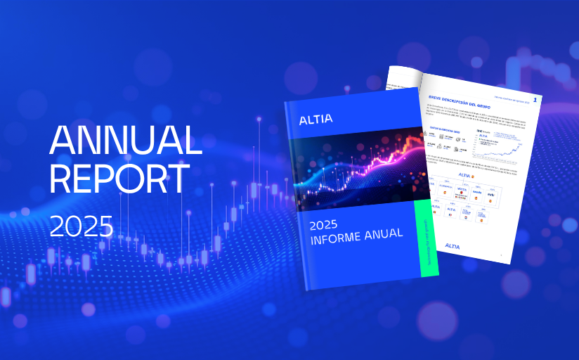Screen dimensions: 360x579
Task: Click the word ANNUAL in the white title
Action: tap(125, 141)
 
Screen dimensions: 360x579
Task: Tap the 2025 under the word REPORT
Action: tap(81, 225)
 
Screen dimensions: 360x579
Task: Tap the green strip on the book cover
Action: tap(427, 239)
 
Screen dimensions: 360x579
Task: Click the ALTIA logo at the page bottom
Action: tap(457, 246)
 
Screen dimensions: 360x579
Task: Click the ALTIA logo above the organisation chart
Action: tap(464, 174)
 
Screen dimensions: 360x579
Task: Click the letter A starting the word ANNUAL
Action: tap(61, 141)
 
